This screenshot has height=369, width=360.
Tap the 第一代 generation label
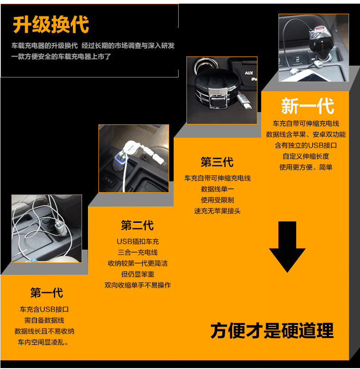pyautogui.click(x=46, y=292)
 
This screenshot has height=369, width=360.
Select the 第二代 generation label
pyautogui.click(x=137, y=225)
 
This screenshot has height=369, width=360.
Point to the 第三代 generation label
pyautogui.click(x=217, y=162)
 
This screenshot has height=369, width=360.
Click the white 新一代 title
pyautogui.click(x=308, y=106)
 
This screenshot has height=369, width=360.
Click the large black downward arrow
pyautogui.click(x=287, y=246)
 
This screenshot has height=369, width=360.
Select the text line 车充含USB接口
pyautogui.click(x=44, y=309)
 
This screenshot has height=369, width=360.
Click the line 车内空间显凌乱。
pyautogui.click(x=44, y=342)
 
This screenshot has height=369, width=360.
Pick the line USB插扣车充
pyautogui.click(x=138, y=241)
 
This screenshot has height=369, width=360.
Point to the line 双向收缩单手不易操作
pyautogui.click(x=138, y=285)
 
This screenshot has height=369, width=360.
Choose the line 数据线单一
pyautogui.click(x=217, y=189)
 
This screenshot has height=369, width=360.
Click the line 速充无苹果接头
pyautogui.click(x=217, y=211)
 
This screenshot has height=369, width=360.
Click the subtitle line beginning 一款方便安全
pyautogui.click(x=61, y=57)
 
